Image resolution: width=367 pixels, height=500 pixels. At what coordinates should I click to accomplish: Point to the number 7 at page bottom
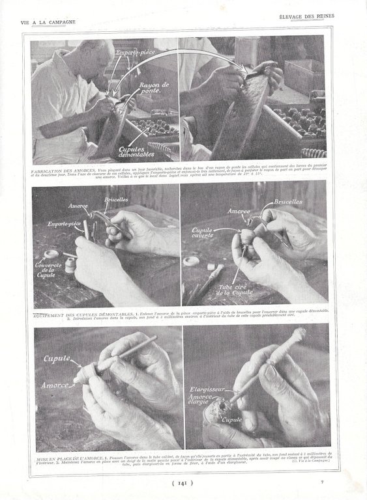click(321, 482)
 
